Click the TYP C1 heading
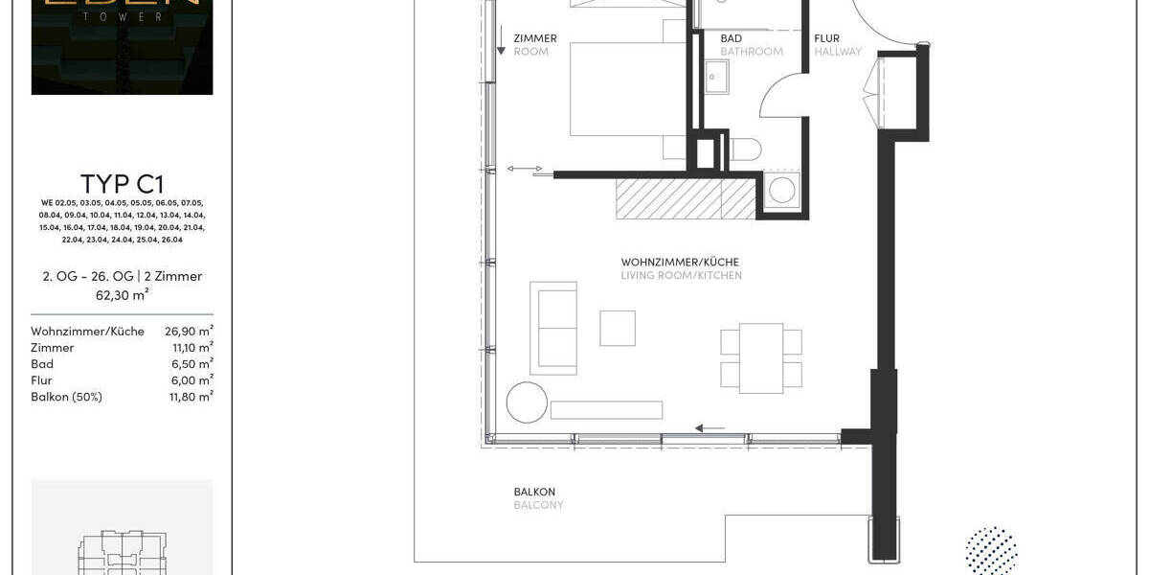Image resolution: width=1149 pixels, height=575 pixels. (122, 184)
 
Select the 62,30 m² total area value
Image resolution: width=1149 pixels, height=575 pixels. (122, 294)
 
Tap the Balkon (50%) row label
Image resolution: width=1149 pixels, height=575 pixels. (66, 397)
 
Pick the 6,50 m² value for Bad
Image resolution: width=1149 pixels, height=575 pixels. (192, 364)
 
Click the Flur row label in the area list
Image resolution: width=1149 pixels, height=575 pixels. (41, 380)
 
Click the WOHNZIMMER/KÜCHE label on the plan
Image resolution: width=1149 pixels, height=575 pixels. (680, 263)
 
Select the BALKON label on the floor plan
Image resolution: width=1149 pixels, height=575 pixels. (534, 493)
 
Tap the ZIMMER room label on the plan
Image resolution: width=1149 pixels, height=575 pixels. (534, 39)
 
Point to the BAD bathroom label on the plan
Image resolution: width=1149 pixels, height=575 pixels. (731, 39)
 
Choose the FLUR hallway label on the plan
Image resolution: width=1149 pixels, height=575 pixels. (827, 39)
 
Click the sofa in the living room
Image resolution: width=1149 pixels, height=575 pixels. (554, 327)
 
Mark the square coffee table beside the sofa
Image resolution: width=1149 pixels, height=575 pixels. (618, 328)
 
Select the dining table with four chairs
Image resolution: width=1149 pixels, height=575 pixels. (761, 357)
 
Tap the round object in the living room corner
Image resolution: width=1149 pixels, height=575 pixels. (527, 402)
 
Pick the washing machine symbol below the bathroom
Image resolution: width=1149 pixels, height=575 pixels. (782, 191)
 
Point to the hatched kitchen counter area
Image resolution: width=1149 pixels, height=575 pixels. (686, 198)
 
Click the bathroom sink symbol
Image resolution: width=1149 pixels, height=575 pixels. (717, 76)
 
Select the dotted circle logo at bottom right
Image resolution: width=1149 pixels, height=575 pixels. (991, 551)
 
